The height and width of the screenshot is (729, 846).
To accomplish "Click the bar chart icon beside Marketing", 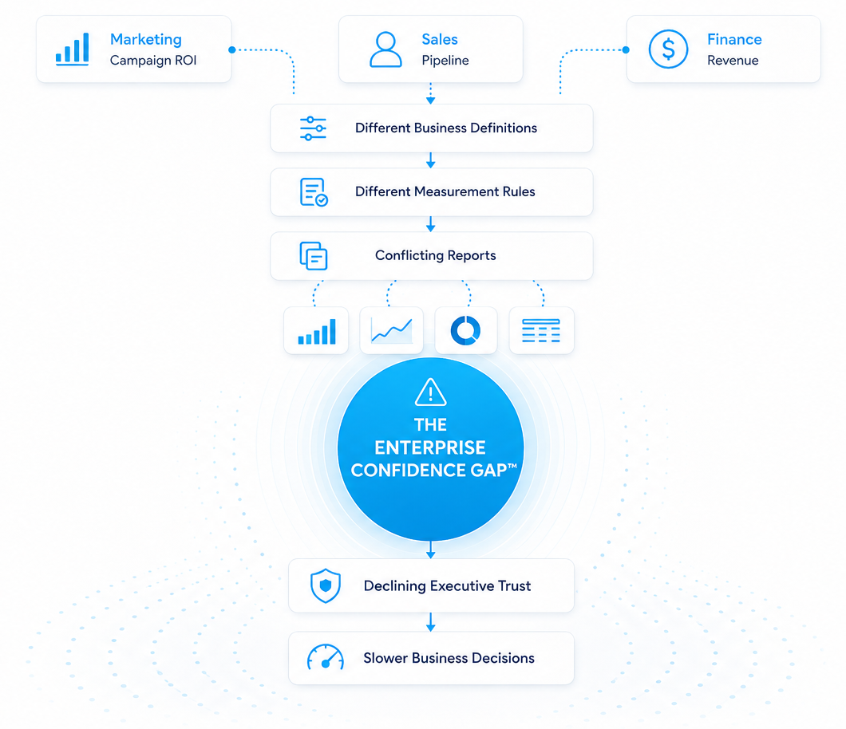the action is [73, 49].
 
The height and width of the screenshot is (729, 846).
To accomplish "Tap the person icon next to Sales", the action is [385, 49].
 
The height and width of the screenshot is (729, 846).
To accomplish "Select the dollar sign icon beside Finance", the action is [668, 49].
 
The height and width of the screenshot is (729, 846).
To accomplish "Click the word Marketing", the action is [146, 39].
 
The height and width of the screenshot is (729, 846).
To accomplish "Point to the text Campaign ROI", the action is [153, 61].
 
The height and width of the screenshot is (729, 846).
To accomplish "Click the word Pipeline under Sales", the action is [445, 61].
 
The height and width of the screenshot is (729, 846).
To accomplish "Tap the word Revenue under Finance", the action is [733, 61].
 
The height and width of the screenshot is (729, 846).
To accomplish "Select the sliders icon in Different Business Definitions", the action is [313, 128].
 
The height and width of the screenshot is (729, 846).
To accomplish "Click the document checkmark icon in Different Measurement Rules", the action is [314, 192].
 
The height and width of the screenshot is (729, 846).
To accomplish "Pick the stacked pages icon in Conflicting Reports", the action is [314, 255].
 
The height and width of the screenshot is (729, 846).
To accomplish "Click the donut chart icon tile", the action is [465, 330].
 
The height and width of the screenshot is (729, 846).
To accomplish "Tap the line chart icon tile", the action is [392, 330].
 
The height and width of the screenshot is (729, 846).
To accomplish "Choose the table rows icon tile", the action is [541, 330].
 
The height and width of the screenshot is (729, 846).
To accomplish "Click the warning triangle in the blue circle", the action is [430, 392].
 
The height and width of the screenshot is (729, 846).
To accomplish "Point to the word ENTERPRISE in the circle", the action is [430, 447].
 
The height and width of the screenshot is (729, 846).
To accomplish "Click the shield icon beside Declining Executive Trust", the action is [326, 585].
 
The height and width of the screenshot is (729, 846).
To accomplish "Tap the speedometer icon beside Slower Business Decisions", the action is [326, 657].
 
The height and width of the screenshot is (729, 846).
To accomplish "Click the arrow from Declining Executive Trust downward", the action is [430, 621].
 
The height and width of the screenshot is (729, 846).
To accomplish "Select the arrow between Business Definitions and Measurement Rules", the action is [430, 160].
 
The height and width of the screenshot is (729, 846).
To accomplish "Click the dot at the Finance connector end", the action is [626, 49].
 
